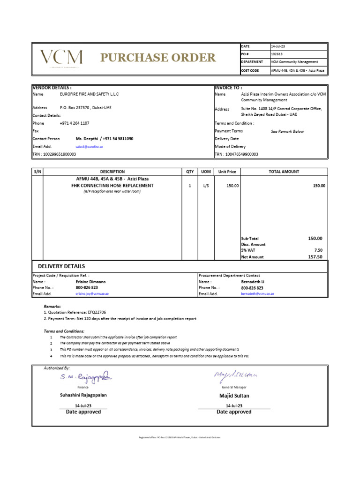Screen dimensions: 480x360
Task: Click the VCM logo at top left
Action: pos(61,58)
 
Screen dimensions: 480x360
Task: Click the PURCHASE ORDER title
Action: pos(158,58)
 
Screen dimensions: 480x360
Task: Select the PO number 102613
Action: pos(277,54)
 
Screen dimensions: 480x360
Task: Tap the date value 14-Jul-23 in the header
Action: pos(278,46)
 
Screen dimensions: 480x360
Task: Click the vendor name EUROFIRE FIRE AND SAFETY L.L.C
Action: pos(89,94)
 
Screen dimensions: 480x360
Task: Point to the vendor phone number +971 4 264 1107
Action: pos(75,123)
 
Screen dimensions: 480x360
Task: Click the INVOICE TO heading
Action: pos(228,88)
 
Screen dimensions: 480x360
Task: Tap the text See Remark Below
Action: pos(287,132)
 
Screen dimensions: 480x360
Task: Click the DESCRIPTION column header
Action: pos(112,172)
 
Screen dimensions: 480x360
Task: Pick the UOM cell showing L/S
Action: pos(206,186)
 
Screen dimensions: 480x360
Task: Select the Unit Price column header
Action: pos(227,172)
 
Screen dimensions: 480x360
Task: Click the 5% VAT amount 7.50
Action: pos(318,250)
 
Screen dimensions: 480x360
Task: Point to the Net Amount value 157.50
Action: pos(315,257)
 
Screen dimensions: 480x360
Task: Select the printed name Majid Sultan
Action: pos(234,396)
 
